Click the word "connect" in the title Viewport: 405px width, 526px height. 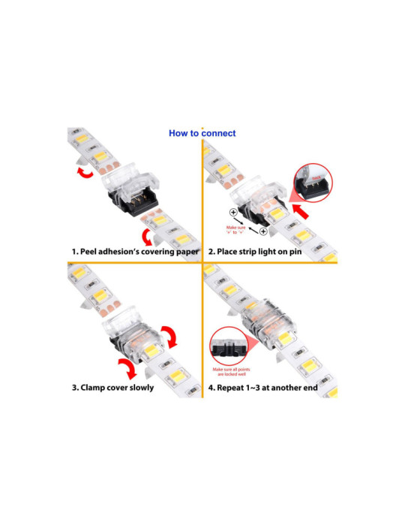click(x=217, y=134)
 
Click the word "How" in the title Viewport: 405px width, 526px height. click(x=178, y=134)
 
